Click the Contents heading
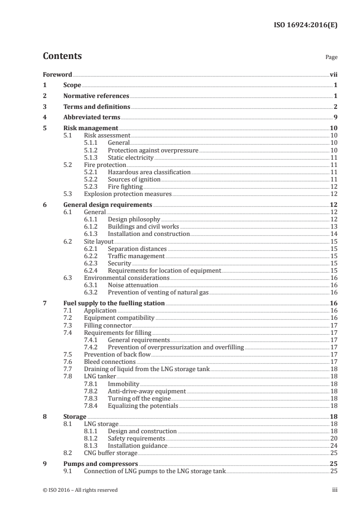point(62,56)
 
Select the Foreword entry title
point(58,74)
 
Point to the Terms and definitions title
point(97,107)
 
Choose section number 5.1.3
point(92,157)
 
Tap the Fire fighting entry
point(125,186)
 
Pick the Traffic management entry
point(136,256)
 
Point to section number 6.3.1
point(92,285)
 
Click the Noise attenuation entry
point(133,285)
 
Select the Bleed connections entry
point(110,362)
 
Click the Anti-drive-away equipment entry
point(147,391)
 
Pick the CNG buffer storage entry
point(111,453)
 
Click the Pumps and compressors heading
point(101,464)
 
